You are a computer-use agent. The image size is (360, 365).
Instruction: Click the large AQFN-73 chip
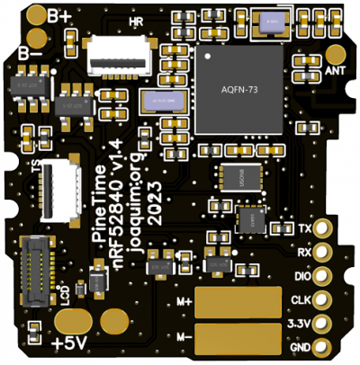(238, 91)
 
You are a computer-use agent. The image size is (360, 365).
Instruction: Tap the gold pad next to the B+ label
(37, 15)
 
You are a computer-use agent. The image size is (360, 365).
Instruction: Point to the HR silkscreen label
(136, 20)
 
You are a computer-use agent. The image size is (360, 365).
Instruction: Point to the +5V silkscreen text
(70, 343)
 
